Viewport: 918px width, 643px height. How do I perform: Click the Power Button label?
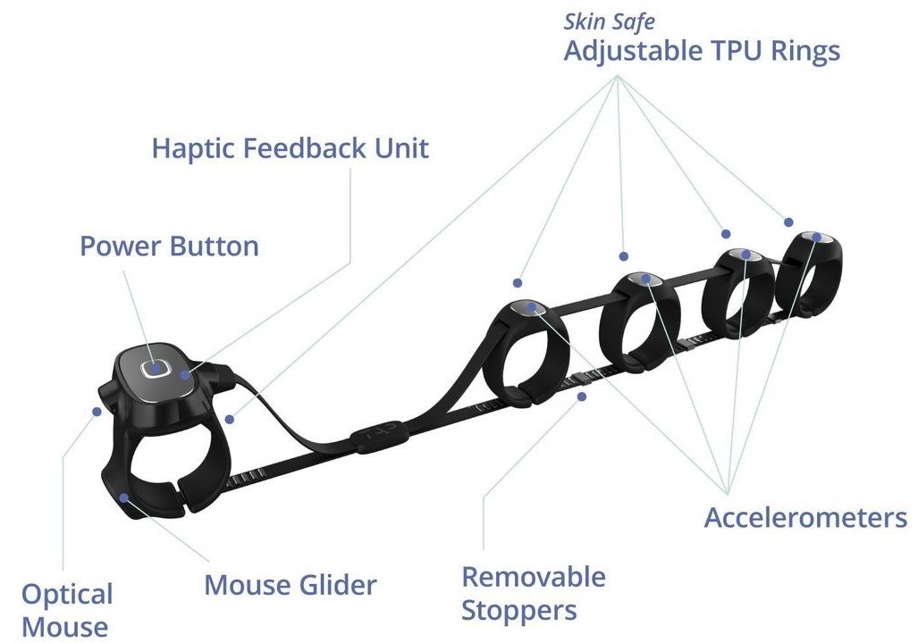tap(169, 246)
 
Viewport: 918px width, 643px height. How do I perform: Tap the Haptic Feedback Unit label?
tap(291, 147)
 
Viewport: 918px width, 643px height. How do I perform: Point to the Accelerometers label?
tap(805, 517)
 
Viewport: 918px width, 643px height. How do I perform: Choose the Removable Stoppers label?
tap(533, 594)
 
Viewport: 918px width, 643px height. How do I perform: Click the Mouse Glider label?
tap(291, 586)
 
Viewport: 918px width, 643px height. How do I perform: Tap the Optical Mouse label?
tap(67, 610)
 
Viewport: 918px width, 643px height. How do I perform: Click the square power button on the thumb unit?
tap(154, 367)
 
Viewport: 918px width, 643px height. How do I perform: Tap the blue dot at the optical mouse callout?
tap(97, 411)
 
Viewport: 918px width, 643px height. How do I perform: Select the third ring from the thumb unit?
tap(737, 295)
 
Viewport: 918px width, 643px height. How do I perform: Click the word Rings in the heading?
tap(804, 51)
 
